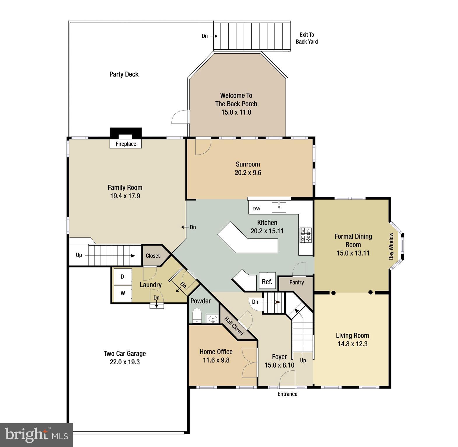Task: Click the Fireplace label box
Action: pyautogui.click(x=126, y=144)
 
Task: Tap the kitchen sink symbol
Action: pyautogui.click(x=279, y=207)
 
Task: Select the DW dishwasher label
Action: pyautogui.click(x=256, y=209)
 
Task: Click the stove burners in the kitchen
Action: pyautogui.click(x=306, y=235)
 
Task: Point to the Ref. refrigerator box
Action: pyautogui.click(x=267, y=281)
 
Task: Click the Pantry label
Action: pyautogui.click(x=296, y=282)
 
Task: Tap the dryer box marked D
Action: pyautogui.click(x=122, y=276)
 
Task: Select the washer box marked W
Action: pyautogui.click(x=122, y=293)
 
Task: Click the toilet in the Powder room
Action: pyautogui.click(x=197, y=316)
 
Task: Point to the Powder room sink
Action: pyautogui.click(x=213, y=319)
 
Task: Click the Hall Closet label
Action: pyautogui.click(x=234, y=326)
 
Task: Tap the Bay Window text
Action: pyautogui.click(x=391, y=246)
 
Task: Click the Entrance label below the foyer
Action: pyautogui.click(x=287, y=394)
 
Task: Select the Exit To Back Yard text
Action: pyautogui.click(x=307, y=38)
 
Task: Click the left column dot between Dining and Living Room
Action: pyautogui.click(x=333, y=293)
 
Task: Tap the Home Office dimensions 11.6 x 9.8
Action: pyautogui.click(x=216, y=360)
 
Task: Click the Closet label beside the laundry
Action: pyautogui.click(x=153, y=256)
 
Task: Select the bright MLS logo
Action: pyautogui.click(x=36, y=435)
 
